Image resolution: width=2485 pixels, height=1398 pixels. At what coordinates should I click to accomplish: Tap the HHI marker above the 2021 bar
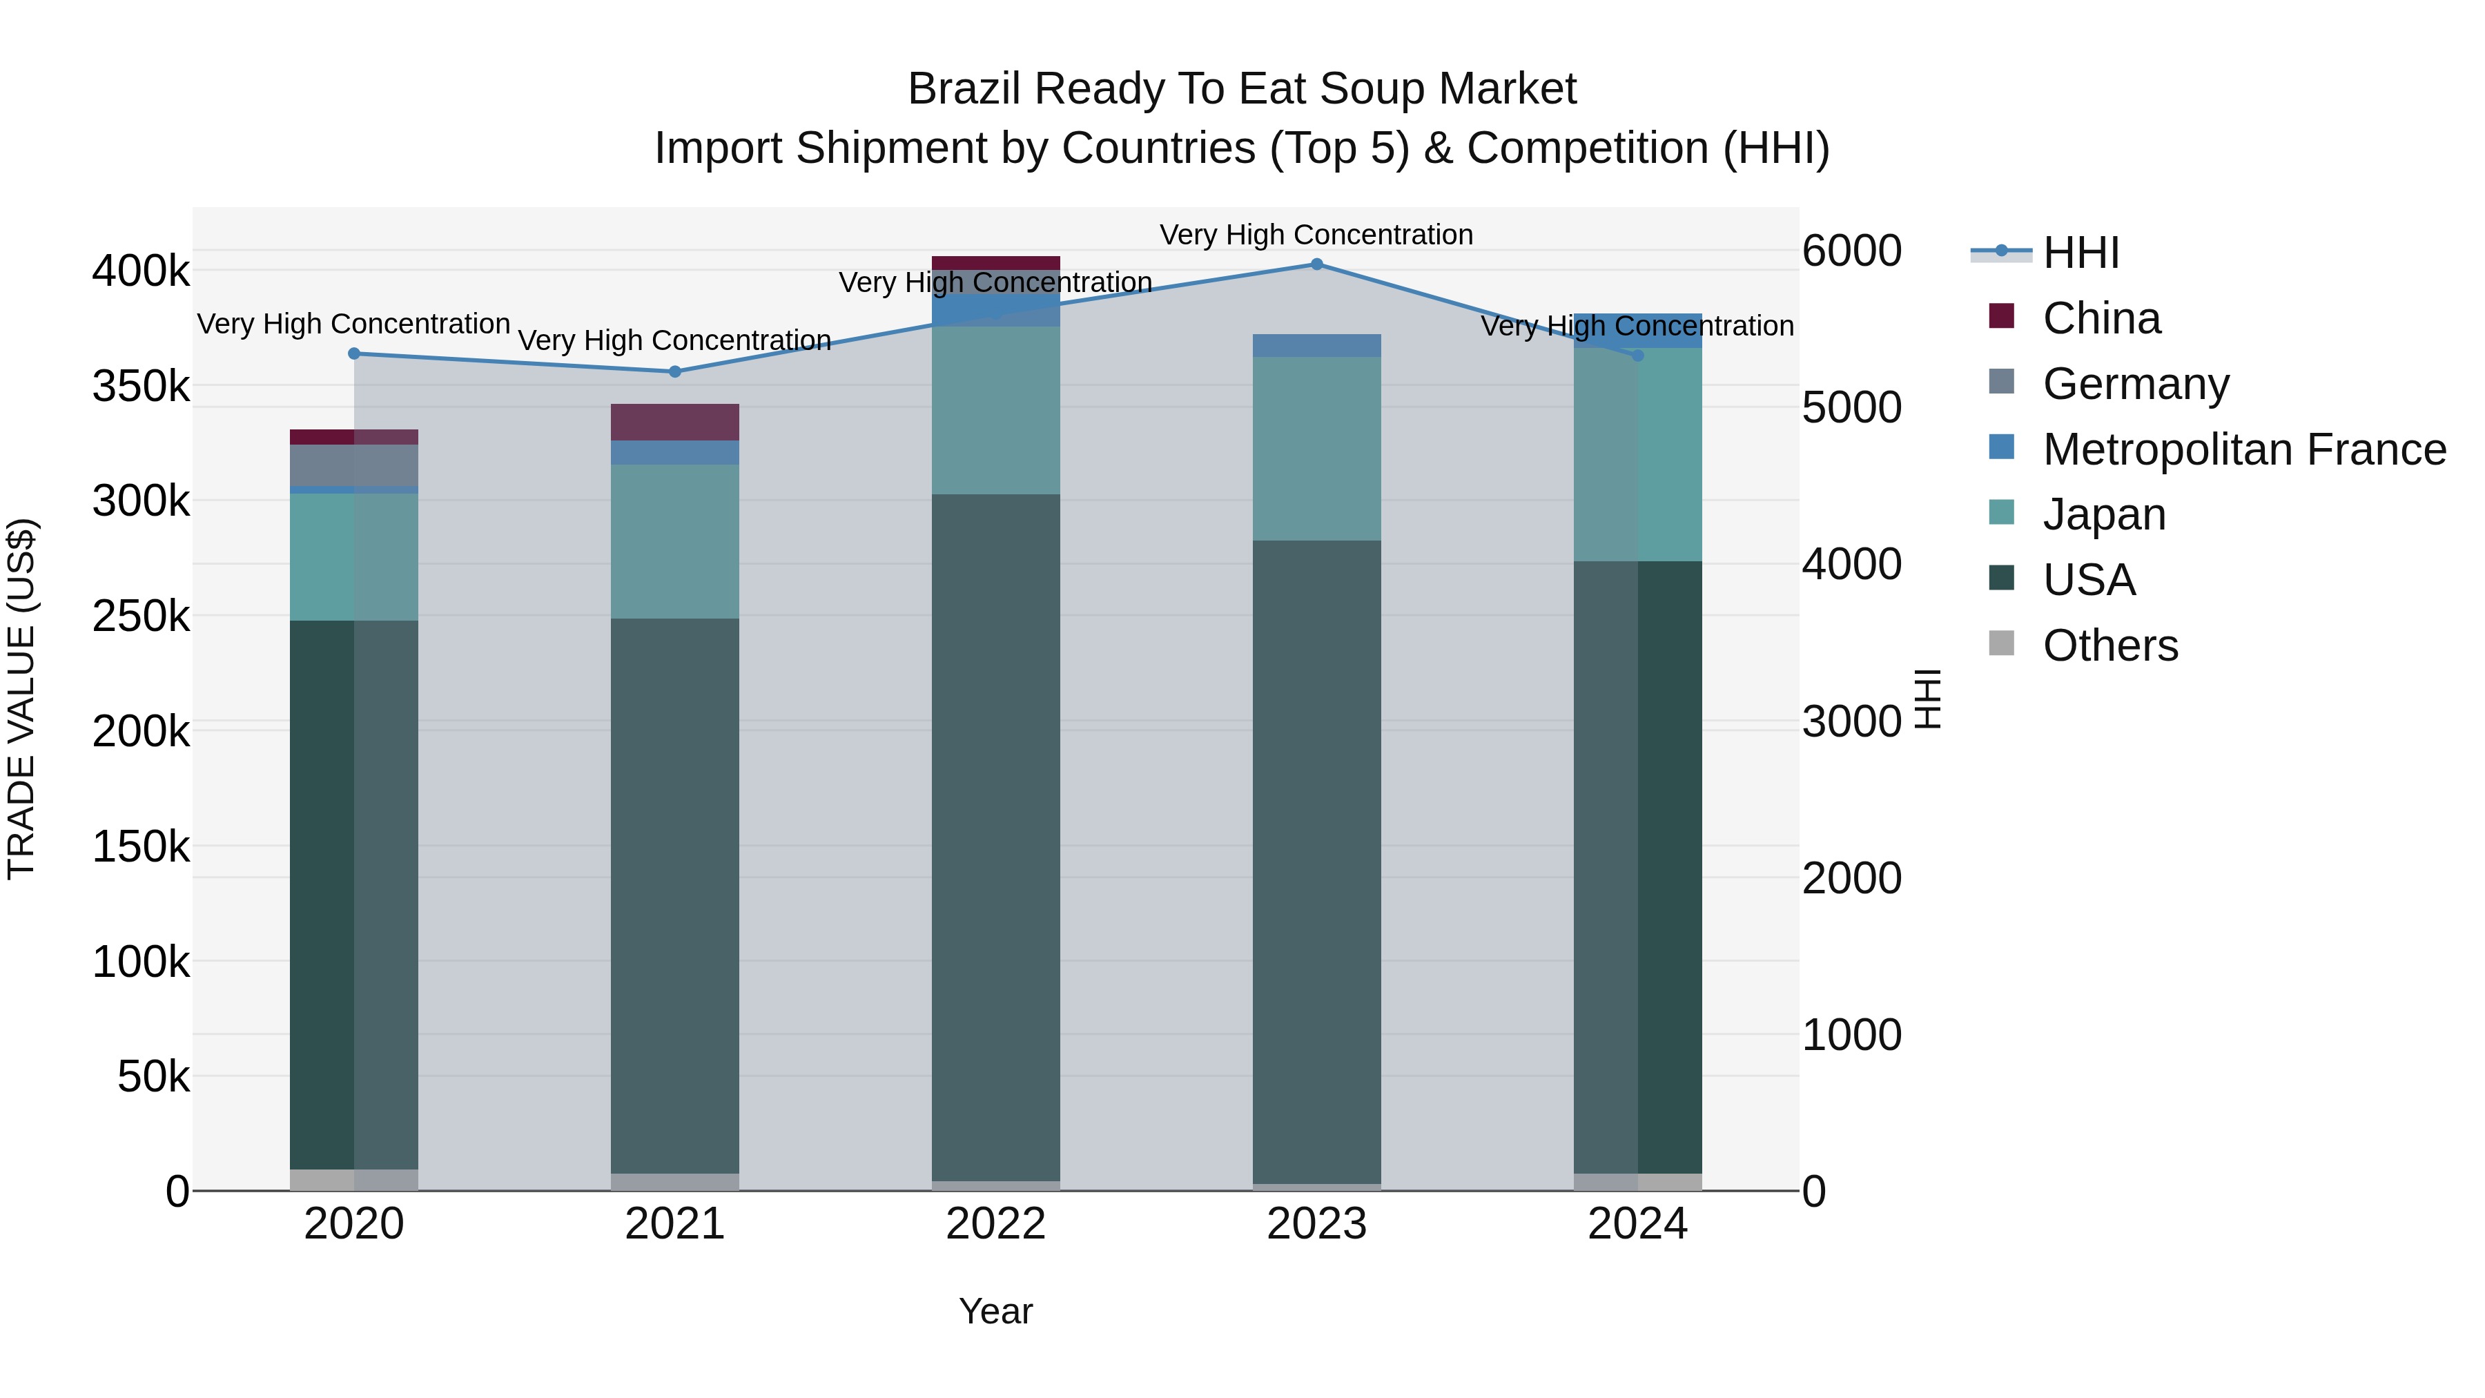[674, 371]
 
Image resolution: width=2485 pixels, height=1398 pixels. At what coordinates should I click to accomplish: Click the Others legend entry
[2109, 645]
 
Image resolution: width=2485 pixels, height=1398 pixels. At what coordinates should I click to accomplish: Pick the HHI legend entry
[2080, 253]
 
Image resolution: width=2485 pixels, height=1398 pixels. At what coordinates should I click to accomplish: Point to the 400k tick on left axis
[141, 271]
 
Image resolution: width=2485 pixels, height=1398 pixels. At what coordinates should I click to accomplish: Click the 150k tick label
[141, 847]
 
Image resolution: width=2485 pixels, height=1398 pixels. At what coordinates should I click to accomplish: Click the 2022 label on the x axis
[995, 1224]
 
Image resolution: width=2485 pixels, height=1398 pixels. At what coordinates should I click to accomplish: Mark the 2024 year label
[1637, 1224]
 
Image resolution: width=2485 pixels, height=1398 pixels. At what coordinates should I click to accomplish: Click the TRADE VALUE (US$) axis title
[21, 699]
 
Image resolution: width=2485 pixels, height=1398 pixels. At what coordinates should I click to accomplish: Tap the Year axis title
[995, 1311]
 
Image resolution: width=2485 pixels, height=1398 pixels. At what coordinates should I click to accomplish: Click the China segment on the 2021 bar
[674, 422]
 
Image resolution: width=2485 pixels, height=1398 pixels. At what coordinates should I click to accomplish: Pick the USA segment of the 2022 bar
[995, 837]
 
